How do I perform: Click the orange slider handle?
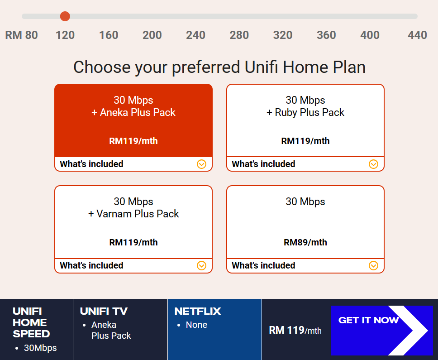(x=65, y=16)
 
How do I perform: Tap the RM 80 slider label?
(x=22, y=35)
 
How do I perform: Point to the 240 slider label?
(x=195, y=35)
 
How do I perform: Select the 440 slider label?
(x=417, y=35)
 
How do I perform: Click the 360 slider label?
(x=326, y=35)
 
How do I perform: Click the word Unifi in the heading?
(x=261, y=67)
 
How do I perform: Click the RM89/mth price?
(x=305, y=242)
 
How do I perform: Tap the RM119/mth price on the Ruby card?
(x=305, y=141)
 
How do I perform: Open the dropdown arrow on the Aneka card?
(x=201, y=164)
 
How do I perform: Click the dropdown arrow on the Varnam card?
(x=201, y=265)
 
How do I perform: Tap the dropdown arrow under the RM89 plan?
(x=373, y=265)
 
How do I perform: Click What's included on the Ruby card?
(x=263, y=164)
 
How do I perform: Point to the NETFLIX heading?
(x=197, y=312)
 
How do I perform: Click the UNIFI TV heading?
(x=104, y=312)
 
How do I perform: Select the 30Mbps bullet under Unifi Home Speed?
(x=40, y=348)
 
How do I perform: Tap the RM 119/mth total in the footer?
(x=295, y=331)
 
